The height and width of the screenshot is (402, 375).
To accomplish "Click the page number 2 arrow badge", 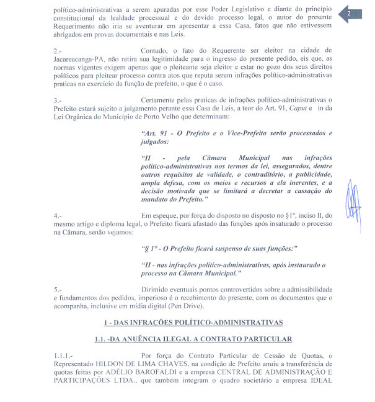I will pos(353,14).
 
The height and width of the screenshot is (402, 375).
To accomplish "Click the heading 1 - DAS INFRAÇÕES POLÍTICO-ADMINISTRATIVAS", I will pos(193,323).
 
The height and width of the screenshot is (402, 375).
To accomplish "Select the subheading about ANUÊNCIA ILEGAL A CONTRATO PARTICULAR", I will pos(193,339).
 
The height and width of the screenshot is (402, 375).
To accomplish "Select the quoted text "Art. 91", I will pos(157,133).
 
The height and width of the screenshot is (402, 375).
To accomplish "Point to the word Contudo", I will pos(155,50).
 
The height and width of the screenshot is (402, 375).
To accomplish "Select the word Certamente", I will pos(162,100).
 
